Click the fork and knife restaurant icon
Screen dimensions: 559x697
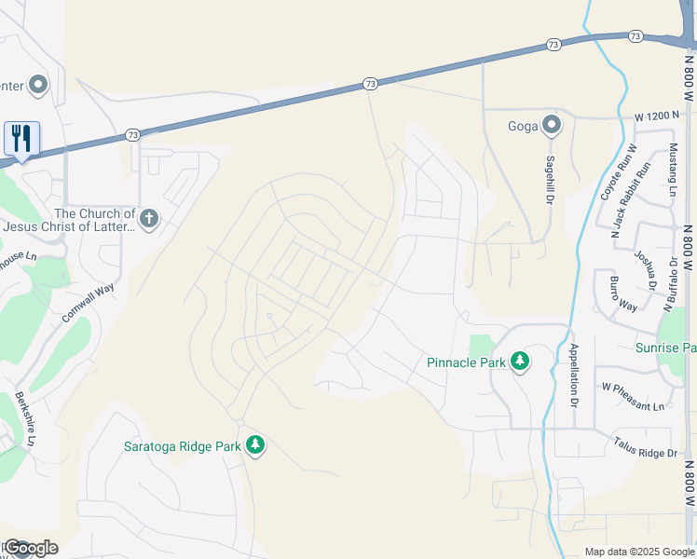click(x=21, y=139)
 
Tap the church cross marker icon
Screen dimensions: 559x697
click(x=149, y=220)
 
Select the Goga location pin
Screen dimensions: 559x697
click(x=552, y=124)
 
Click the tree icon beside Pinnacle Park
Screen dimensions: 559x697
click(x=519, y=361)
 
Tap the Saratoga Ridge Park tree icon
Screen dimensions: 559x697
click(x=255, y=445)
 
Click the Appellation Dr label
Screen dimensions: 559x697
click(x=574, y=376)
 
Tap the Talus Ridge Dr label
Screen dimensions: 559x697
click(x=646, y=451)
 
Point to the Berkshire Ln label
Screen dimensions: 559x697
click(x=26, y=417)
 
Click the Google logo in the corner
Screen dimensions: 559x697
click(x=30, y=548)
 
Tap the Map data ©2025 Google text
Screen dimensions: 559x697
click(x=638, y=552)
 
